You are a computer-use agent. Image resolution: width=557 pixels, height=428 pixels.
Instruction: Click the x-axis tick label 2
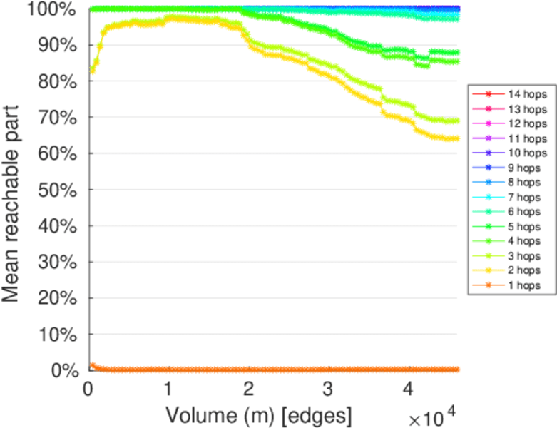(248, 389)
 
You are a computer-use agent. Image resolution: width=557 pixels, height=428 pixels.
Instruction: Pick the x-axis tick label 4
(408, 389)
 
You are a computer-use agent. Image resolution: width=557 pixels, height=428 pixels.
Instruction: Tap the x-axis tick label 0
(88, 389)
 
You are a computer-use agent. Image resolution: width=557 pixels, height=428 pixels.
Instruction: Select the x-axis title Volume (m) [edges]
(258, 414)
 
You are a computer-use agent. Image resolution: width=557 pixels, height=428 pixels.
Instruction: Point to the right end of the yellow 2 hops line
(456, 138)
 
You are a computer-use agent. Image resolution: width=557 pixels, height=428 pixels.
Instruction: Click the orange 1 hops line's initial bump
(91, 365)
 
